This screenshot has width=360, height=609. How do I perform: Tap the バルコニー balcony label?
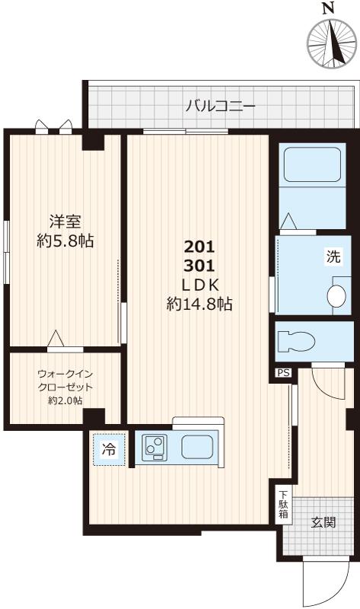pyautogui.click(x=220, y=106)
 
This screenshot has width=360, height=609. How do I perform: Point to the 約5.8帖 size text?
pyautogui.click(x=65, y=241)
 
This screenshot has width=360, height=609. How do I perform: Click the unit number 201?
pyautogui.click(x=200, y=247)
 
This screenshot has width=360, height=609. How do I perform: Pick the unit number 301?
pyautogui.click(x=200, y=266)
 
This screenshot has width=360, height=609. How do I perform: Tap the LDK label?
pyautogui.click(x=200, y=285)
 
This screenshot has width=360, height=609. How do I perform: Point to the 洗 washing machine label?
pyautogui.click(x=334, y=257)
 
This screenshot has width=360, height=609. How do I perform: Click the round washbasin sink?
pyautogui.click(x=336, y=295)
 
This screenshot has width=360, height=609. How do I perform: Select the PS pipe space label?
pyautogui.click(x=283, y=373)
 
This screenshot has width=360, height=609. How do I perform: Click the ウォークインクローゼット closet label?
pyautogui.click(x=65, y=387)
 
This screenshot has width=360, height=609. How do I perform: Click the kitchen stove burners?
pyautogui.click(x=155, y=447)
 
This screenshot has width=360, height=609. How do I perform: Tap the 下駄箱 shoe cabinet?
pyautogui.click(x=283, y=503)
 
